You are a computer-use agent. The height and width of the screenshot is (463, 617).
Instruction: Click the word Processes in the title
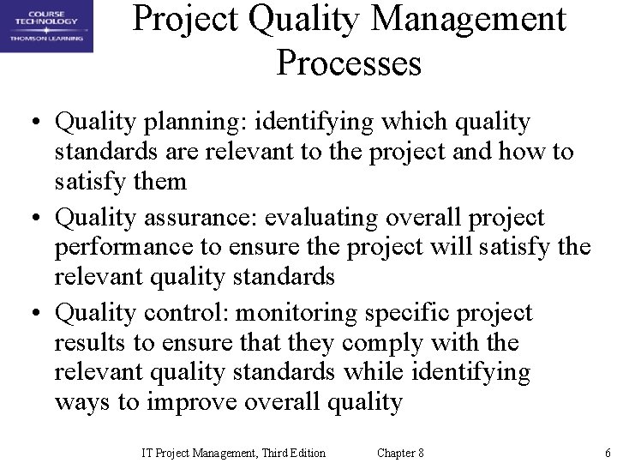tap(349, 63)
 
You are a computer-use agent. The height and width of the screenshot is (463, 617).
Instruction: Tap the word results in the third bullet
tap(87, 343)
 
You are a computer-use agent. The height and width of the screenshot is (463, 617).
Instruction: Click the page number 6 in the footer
tap(607, 453)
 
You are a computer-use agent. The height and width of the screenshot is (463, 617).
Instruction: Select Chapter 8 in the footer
tap(400, 453)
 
